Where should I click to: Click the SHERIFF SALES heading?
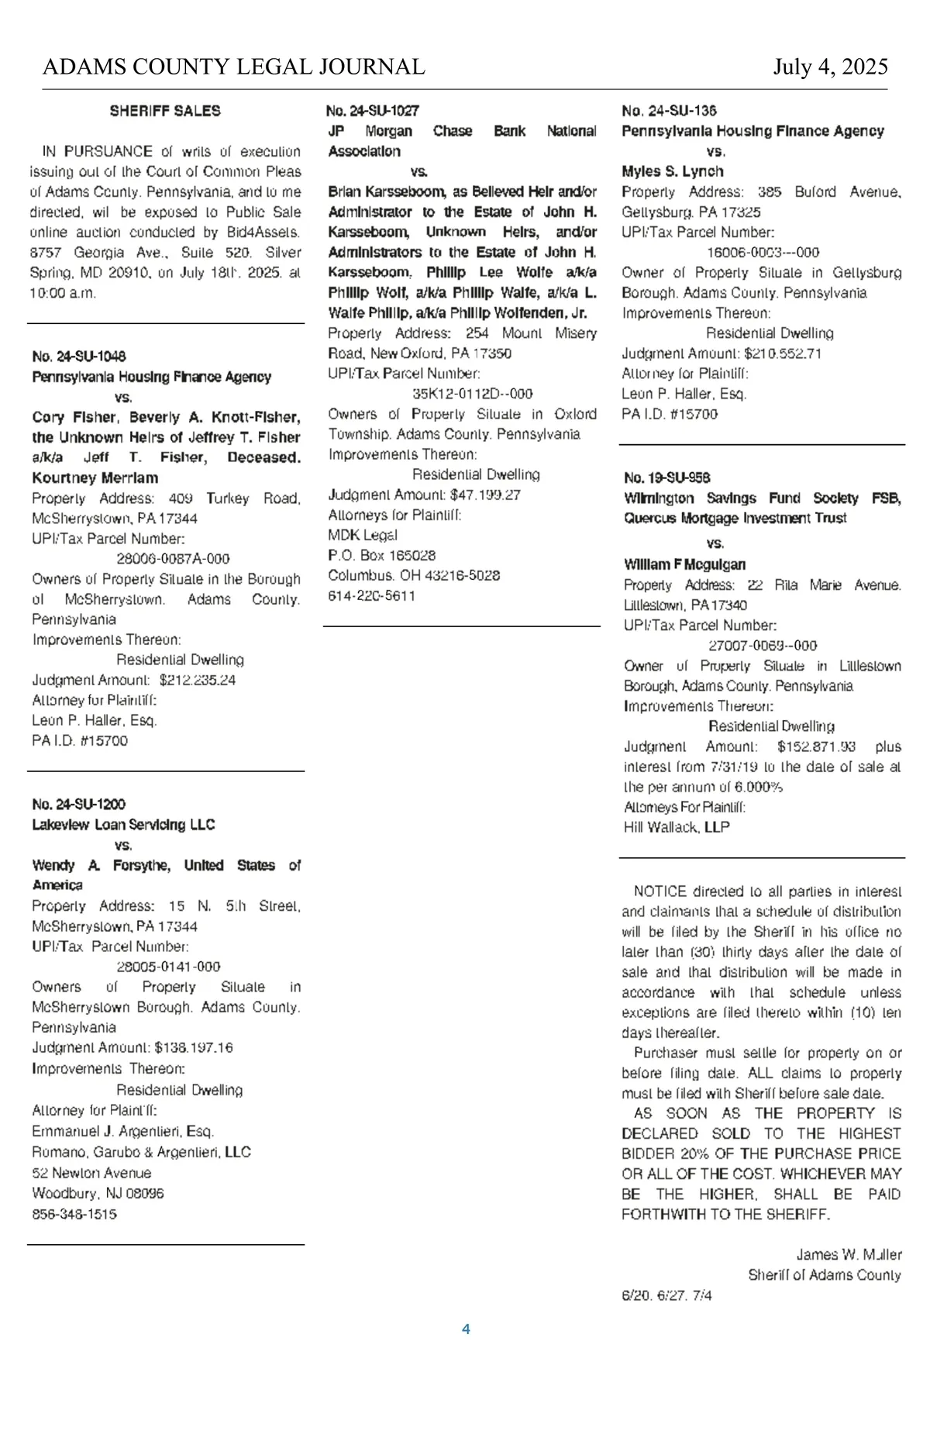point(165,111)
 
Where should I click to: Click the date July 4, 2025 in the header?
point(830,67)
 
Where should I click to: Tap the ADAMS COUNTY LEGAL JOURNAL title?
point(233,67)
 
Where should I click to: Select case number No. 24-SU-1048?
point(79,357)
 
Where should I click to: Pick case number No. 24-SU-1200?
point(79,805)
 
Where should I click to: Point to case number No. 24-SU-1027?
point(373,111)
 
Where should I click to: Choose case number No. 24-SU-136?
point(669,111)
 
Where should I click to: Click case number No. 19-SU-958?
point(667,478)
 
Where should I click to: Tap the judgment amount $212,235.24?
point(198,680)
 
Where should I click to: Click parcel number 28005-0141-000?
point(169,967)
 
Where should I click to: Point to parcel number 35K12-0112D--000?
point(473,394)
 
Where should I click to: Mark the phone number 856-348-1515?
point(74,1214)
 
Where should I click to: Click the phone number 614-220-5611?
point(372,596)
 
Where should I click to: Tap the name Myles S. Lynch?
point(673,171)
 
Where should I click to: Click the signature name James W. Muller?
point(849,1254)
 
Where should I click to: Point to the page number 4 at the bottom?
point(466,1329)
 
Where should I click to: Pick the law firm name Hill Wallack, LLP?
point(677,827)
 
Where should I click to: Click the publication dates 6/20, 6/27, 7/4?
point(666,1295)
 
